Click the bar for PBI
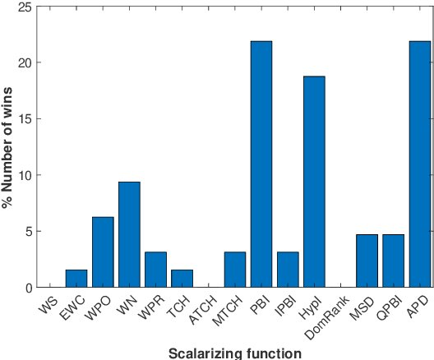point(261,164)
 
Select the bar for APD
point(420,164)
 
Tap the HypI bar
point(314,182)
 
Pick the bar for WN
point(129,235)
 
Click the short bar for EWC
point(76,279)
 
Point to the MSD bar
point(367,261)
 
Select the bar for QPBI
point(393,261)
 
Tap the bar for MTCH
point(235,270)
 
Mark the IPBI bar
point(288,270)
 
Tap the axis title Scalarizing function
point(234,353)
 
